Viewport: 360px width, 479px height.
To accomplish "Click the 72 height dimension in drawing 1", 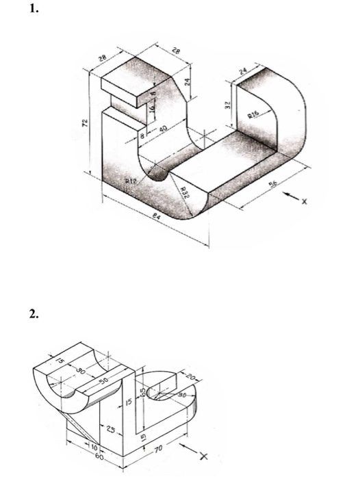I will [x=86, y=123].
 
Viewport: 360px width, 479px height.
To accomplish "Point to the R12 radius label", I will [x=133, y=181].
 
